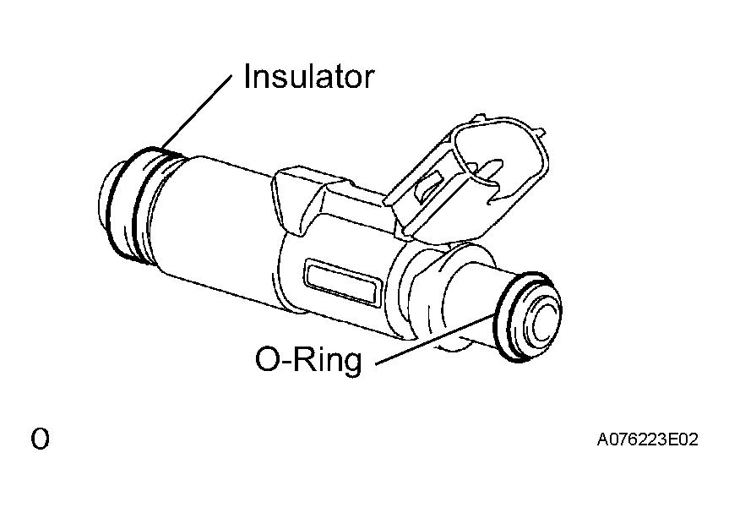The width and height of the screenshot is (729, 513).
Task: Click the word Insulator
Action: (x=308, y=76)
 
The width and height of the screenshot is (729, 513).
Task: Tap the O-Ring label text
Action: (x=308, y=359)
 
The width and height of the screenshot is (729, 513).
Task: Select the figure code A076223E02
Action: (x=647, y=439)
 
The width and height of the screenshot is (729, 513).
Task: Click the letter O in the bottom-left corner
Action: (x=40, y=439)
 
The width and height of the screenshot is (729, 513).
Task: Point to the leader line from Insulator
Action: (x=197, y=112)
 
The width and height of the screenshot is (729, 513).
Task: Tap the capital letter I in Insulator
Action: (x=248, y=76)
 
